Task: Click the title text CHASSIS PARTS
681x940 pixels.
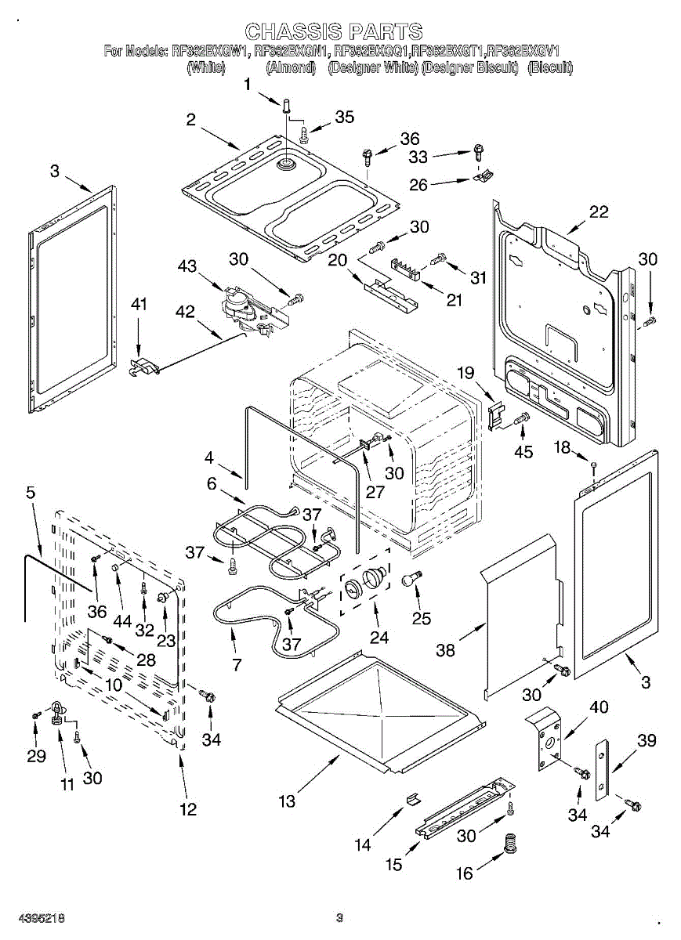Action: pyautogui.click(x=334, y=32)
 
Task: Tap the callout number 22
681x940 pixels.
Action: pyautogui.click(x=598, y=212)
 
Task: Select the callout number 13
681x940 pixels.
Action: pyautogui.click(x=288, y=801)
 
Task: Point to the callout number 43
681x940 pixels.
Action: pyautogui.click(x=187, y=266)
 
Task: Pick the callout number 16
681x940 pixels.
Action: pyautogui.click(x=465, y=873)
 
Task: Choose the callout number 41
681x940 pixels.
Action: pyautogui.click(x=138, y=305)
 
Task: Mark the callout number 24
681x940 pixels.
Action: pyautogui.click(x=379, y=638)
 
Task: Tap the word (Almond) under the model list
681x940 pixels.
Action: pyautogui.click(x=291, y=68)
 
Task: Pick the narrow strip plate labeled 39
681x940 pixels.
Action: pyautogui.click(x=601, y=769)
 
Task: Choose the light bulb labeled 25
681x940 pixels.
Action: pyautogui.click(x=411, y=579)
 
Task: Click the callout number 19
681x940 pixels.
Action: pyautogui.click(x=466, y=374)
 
